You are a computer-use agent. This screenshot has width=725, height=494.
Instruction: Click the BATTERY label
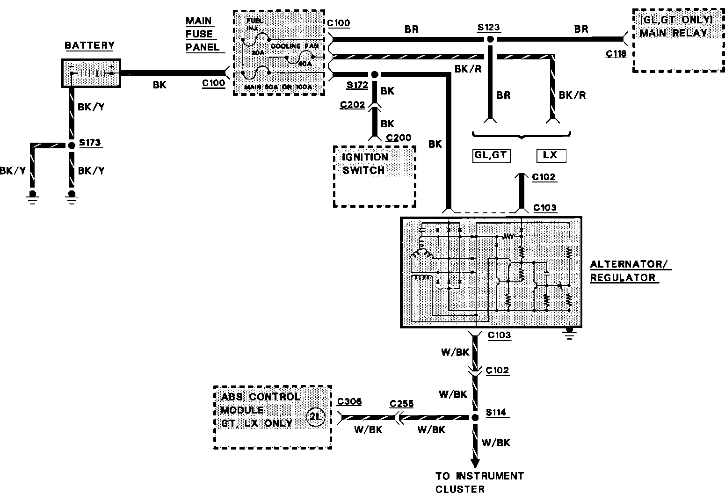click(89, 45)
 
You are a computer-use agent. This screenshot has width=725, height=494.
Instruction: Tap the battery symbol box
click(91, 73)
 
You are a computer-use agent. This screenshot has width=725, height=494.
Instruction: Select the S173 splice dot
click(72, 145)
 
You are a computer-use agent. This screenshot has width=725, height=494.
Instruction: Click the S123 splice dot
click(490, 39)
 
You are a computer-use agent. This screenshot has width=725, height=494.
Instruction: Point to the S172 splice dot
click(375, 74)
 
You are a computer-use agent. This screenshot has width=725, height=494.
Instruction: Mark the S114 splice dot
click(475, 417)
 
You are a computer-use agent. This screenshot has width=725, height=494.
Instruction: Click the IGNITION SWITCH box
click(374, 176)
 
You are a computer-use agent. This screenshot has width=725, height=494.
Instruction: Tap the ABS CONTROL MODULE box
click(272, 417)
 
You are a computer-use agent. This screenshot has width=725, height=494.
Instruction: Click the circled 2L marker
click(316, 417)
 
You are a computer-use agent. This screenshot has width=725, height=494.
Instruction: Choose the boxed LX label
click(551, 155)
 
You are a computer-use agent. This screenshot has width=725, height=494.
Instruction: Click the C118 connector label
click(616, 53)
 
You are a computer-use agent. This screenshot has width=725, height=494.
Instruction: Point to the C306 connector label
click(349, 402)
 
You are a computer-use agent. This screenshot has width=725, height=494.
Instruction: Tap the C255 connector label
click(401, 404)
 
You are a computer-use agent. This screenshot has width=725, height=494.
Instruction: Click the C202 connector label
click(353, 105)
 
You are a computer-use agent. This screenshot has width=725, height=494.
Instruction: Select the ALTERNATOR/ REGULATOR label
click(630, 271)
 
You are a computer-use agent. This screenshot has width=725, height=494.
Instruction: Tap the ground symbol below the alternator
click(569, 333)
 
